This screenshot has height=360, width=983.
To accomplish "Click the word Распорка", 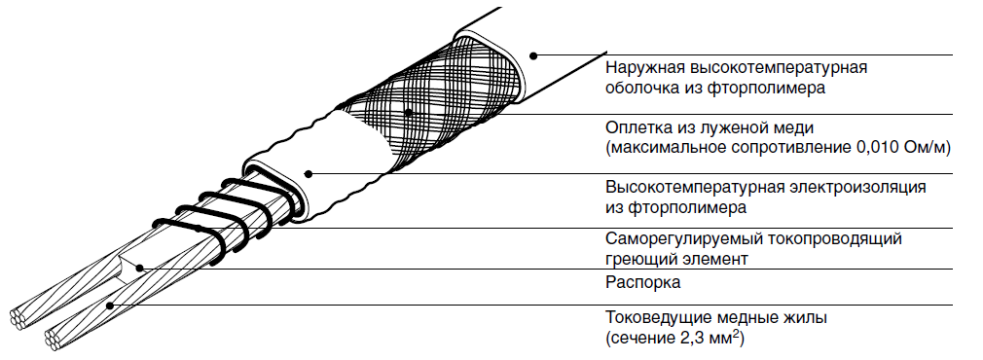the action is coord(642,283).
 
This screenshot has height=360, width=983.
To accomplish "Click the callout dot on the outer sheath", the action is coord(533,55).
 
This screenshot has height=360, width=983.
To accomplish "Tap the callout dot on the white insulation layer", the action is coord(308,173).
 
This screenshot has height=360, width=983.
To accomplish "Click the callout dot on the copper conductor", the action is coord(110,306).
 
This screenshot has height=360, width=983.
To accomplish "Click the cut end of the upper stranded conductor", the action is coord(18,317).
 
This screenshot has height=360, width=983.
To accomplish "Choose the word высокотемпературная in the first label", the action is coord(774,68).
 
